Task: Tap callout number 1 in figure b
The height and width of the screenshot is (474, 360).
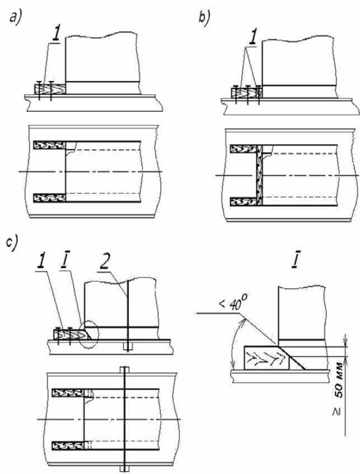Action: (x=253, y=38)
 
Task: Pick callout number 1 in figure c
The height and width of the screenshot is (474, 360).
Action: (x=41, y=263)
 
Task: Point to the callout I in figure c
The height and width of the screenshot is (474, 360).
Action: (x=64, y=263)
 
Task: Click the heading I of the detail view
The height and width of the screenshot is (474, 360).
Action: (x=294, y=262)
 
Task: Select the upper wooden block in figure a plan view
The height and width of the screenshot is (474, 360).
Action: (x=50, y=145)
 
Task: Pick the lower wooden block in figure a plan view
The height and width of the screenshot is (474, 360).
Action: (x=50, y=198)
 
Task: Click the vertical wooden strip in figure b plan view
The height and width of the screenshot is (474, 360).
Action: (x=259, y=175)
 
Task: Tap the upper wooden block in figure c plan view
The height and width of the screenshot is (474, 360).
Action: (x=68, y=393)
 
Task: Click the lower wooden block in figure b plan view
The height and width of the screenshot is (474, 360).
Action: (x=244, y=201)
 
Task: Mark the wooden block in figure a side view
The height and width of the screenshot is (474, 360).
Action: (x=50, y=90)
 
